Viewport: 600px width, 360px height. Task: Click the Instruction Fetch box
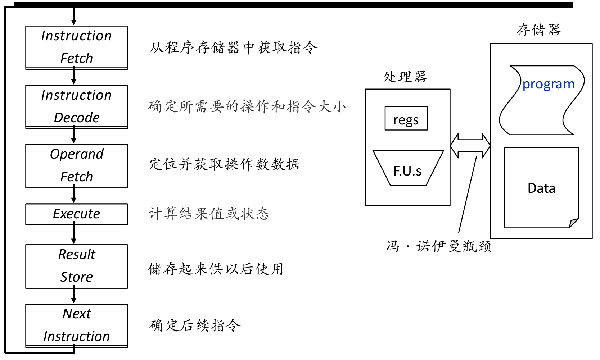[x=76, y=47]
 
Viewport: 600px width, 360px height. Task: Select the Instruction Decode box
[x=76, y=107]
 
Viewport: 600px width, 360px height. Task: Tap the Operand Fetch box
[x=76, y=166]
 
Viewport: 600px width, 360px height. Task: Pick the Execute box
[x=76, y=214]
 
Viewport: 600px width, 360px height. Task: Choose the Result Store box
[x=76, y=266]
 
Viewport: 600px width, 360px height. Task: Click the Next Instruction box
[x=76, y=326]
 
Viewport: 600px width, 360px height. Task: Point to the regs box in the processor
[x=406, y=118]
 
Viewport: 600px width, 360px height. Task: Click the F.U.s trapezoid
[x=408, y=168]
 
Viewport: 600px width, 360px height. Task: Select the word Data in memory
[x=541, y=188]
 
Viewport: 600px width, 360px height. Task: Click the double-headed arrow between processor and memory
[x=470, y=146]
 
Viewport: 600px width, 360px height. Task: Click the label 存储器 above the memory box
[x=538, y=29]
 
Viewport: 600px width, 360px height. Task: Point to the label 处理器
[x=405, y=77]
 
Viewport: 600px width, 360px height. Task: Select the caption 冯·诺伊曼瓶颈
[x=439, y=246]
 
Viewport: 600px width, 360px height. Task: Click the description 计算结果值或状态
[x=209, y=214]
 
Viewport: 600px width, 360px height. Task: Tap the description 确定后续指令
[x=195, y=325]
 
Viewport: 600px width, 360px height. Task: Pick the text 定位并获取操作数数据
[x=225, y=164]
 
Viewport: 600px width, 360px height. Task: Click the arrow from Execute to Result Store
[x=74, y=234]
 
